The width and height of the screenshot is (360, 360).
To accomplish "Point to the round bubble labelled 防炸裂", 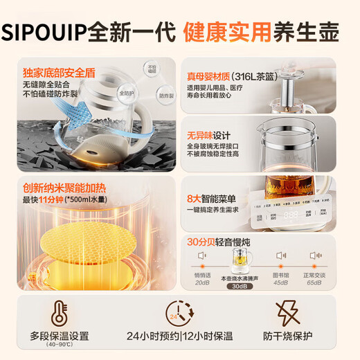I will coord(165,97).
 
